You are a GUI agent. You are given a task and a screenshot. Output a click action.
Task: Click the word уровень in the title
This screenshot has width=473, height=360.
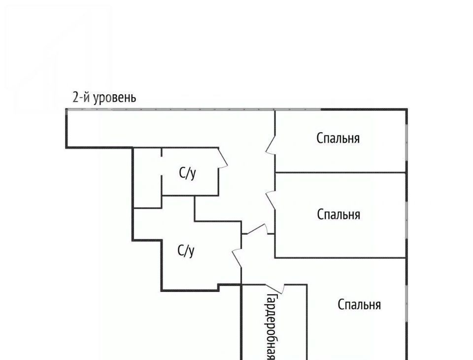[115, 98]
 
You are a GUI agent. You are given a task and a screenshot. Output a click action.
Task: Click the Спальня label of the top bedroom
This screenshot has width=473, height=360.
[338, 138]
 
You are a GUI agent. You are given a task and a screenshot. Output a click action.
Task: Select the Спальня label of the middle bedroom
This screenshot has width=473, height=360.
[338, 215]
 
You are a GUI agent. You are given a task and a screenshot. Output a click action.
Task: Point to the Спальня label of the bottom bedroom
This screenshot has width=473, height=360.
[359, 304]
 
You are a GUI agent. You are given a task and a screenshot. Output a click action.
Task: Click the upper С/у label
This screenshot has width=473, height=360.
[187, 174]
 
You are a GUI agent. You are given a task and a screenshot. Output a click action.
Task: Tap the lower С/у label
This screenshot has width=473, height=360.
[186, 251]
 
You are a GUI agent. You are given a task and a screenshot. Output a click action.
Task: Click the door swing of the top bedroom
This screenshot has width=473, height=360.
[270, 145]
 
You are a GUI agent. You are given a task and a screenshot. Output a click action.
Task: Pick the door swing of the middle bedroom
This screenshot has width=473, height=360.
[270, 200]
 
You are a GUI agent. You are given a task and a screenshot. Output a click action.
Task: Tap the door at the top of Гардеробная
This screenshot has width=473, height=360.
[275, 289]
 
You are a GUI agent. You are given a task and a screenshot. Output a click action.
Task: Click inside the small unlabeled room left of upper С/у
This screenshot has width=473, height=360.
[147, 178]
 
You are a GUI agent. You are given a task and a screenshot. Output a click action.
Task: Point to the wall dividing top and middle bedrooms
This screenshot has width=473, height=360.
[340, 173]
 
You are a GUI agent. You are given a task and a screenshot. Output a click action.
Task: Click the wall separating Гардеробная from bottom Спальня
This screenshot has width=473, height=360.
[307, 322]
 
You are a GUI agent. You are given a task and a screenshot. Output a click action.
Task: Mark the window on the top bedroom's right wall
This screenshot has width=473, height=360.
[406, 141]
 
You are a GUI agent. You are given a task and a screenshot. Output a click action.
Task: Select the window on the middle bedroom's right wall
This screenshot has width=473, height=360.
[406, 219]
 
